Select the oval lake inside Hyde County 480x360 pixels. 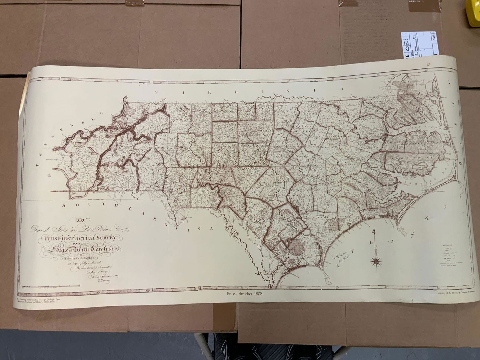click(x=421, y=167)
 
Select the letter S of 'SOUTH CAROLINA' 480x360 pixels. click(x=64, y=205)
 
